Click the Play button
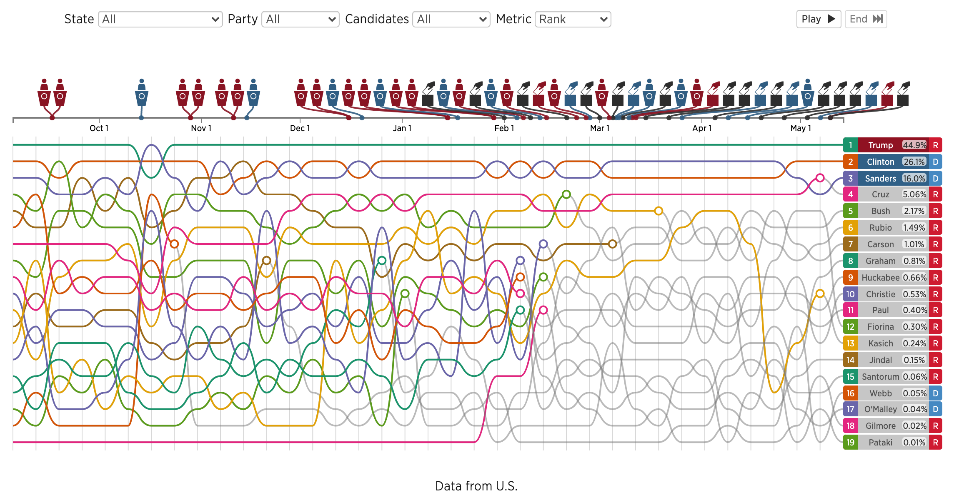[818, 19]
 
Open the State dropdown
[160, 19]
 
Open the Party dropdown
[300, 19]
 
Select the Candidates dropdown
[451, 19]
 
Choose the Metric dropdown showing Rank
[573, 19]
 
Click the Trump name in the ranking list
[880, 145]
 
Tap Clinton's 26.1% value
[914, 162]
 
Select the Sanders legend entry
[880, 179]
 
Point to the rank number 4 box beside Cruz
[850, 194]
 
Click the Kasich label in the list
[880, 343]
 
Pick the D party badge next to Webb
[935, 393]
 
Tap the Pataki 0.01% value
[914, 443]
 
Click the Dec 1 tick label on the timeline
[300, 128]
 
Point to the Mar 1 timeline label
[599, 128]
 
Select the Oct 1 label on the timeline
[99, 128]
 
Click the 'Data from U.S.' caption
[476, 486]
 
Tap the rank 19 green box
[850, 443]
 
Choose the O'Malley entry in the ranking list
[880, 409]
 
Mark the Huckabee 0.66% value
[914, 278]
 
